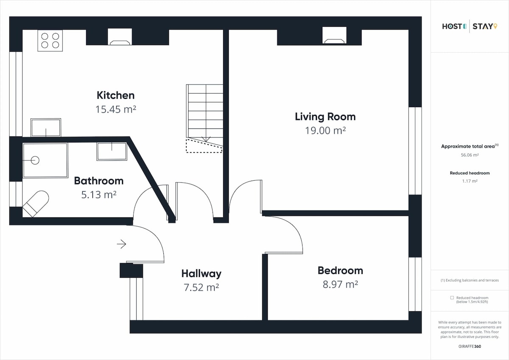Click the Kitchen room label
point(116,95)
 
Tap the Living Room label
point(325,117)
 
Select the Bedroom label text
point(340,271)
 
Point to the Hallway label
point(201,274)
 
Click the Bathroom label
point(99,181)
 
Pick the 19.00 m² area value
point(325,131)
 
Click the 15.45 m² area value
point(116,109)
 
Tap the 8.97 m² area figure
point(340,285)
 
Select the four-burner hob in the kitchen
point(50,40)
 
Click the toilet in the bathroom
point(36,204)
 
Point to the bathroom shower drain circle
point(35,160)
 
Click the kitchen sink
point(46,128)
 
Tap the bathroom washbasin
point(112,151)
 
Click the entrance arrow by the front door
point(122,244)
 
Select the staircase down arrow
point(206,139)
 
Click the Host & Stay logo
point(470,26)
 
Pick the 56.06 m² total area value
point(470,155)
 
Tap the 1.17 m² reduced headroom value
point(470,181)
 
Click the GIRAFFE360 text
point(470,346)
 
